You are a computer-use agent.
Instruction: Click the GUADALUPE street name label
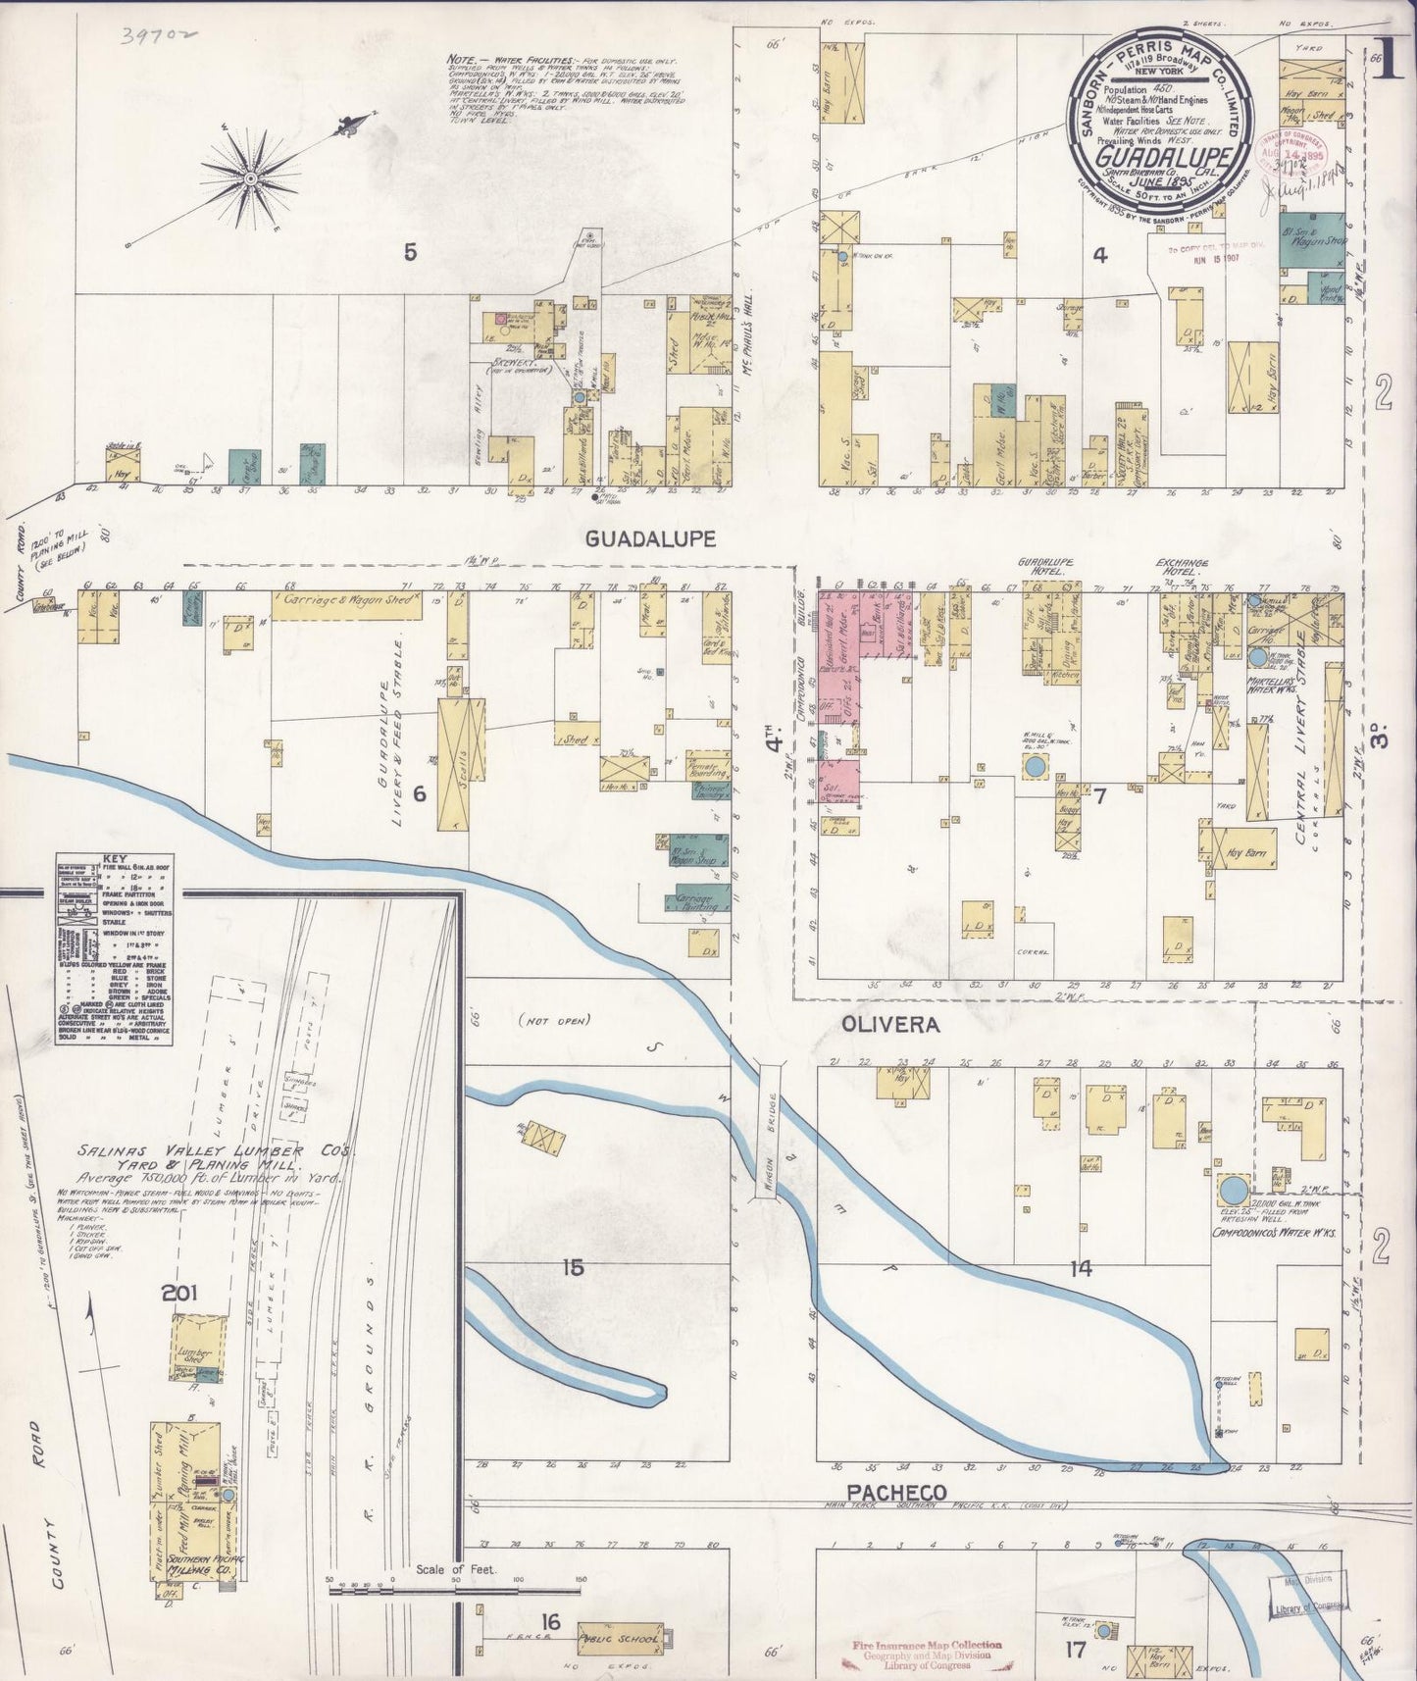pyautogui.click(x=650, y=538)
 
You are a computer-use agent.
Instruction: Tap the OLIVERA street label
pyautogui.click(x=890, y=1025)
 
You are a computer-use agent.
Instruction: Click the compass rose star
pyautogui.click(x=251, y=178)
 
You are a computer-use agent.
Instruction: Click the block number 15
pyautogui.click(x=573, y=1268)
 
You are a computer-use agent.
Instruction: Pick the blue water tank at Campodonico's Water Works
pyautogui.click(x=1234, y=1191)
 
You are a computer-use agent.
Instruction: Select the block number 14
pyautogui.click(x=1081, y=1268)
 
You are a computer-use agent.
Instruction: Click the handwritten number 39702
pyautogui.click(x=160, y=37)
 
